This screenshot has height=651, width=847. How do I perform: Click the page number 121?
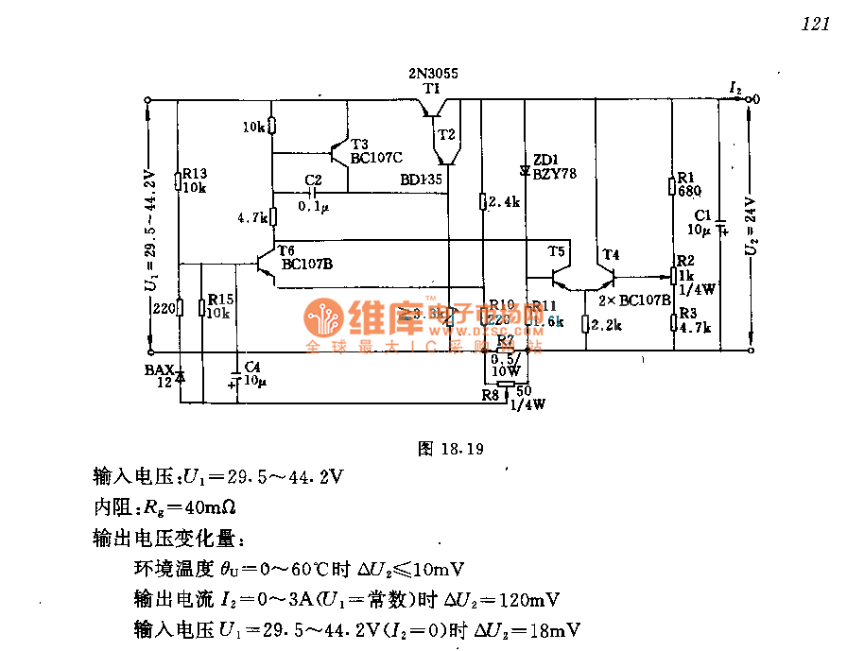tap(814, 26)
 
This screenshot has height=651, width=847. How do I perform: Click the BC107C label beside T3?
tap(376, 158)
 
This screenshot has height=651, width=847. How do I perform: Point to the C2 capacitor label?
tap(314, 179)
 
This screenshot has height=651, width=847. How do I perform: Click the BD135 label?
tap(421, 179)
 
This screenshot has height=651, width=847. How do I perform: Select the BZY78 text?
tap(554, 174)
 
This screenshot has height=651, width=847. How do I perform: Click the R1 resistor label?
tap(687, 177)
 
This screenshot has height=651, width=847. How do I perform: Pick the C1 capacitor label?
tap(702, 215)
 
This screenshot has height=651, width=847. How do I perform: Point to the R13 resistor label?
tap(194, 173)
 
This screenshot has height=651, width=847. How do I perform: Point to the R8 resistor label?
tap(489, 394)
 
